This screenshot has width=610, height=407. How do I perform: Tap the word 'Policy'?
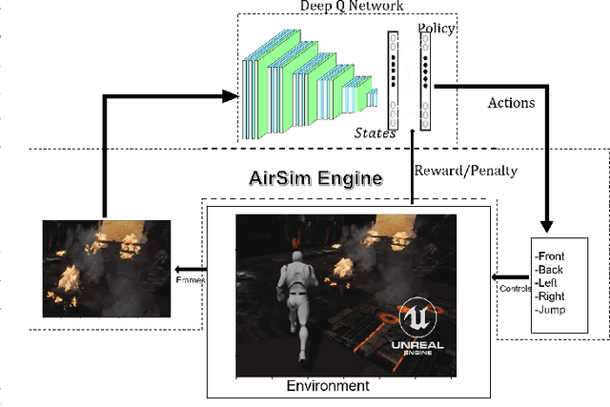tap(436, 29)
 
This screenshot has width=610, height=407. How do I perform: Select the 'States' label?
tap(375, 133)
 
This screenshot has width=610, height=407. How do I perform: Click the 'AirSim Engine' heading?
tap(302, 177)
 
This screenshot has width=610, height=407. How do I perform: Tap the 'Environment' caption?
tap(328, 386)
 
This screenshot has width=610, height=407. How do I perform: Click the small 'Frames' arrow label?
tap(190, 280)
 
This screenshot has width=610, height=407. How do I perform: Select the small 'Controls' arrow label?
tap(513, 287)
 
